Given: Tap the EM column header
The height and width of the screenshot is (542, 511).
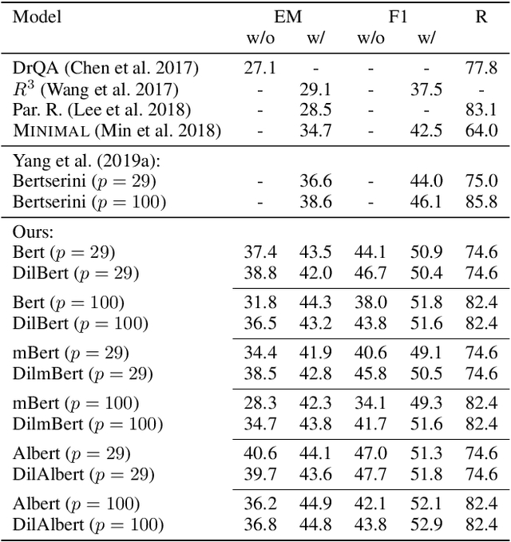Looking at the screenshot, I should pyautogui.click(x=285, y=16).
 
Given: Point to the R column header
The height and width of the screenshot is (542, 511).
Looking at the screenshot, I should pyautogui.click(x=481, y=16).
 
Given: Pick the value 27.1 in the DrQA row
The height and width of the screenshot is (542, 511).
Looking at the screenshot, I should pyautogui.click(x=259, y=69).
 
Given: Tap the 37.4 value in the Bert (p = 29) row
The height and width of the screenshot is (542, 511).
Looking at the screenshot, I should pyautogui.click(x=259, y=253).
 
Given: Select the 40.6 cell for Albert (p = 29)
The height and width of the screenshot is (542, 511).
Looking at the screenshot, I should pyautogui.click(x=259, y=454).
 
